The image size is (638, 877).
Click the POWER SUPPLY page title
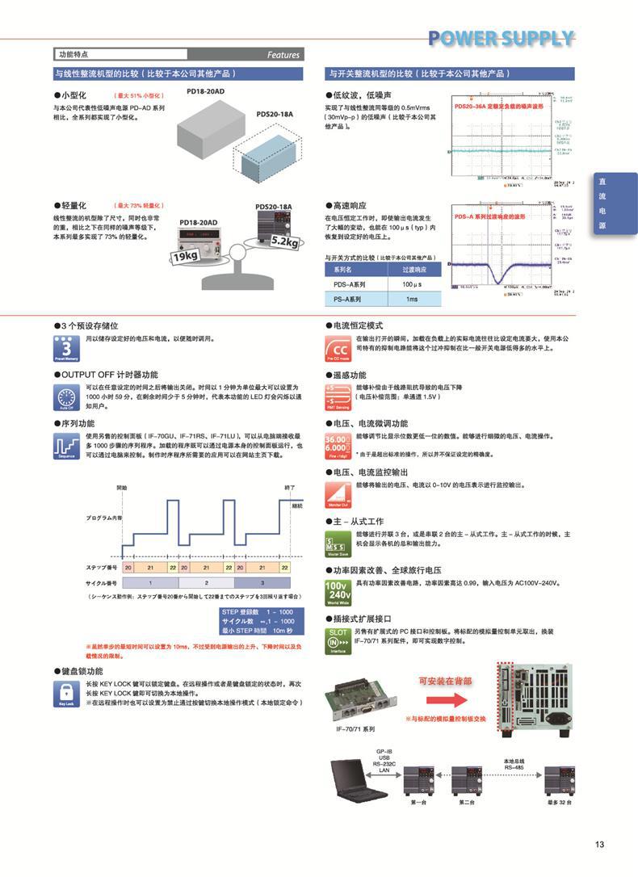pyautogui.click(x=501, y=38)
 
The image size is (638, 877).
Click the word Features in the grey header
pyautogui.click(x=283, y=55)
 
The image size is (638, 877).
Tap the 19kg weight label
pyautogui.click(x=185, y=257)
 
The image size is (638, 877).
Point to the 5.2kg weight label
pyautogui.click(x=285, y=241)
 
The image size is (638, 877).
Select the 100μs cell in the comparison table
pyautogui.click(x=412, y=284)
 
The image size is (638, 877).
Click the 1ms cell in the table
pyautogui.click(x=412, y=299)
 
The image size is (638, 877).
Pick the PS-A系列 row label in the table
pyautogui.click(x=349, y=299)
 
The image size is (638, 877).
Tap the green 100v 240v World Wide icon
pyautogui.click(x=338, y=591)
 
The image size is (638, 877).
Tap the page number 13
pyautogui.click(x=599, y=845)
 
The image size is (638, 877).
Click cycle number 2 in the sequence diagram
pyautogui.click(x=206, y=581)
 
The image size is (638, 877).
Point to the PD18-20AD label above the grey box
pyautogui.click(x=205, y=93)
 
